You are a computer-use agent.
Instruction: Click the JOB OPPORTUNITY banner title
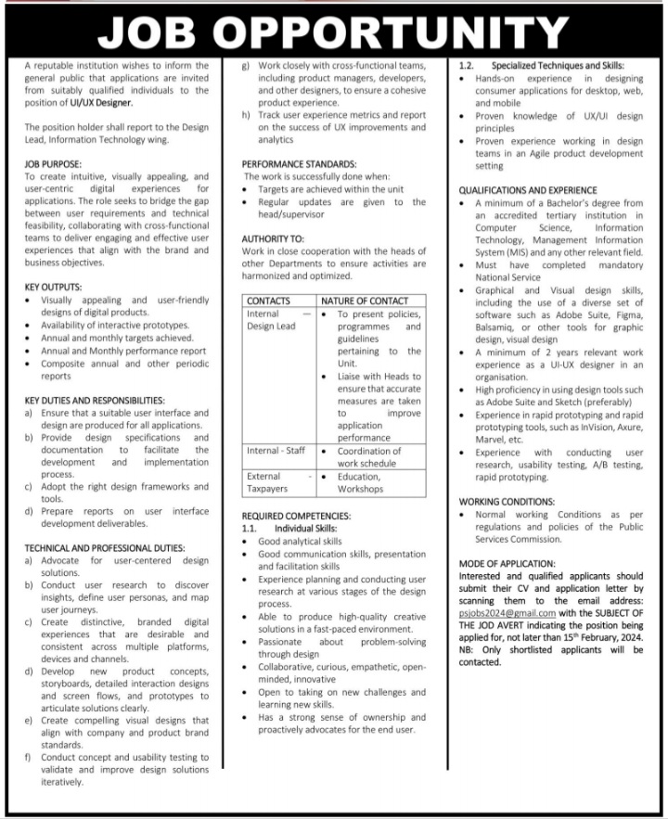pos(333,30)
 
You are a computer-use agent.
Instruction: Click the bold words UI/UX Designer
pos(96,103)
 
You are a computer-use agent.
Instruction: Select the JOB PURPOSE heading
pos(54,163)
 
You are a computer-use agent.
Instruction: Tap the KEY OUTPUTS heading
pos(53,287)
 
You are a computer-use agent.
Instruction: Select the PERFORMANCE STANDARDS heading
pos(299,163)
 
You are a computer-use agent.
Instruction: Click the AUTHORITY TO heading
pos(273,238)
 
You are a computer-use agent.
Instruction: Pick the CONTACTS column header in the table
pos(269,301)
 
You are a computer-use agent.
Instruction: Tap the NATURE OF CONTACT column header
pos(365,301)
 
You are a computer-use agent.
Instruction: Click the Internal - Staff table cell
pos(276,451)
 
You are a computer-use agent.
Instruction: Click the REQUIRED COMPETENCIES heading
pos(296,515)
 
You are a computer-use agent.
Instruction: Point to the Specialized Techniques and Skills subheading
pos(557,66)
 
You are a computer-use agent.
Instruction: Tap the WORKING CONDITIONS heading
pos(507,501)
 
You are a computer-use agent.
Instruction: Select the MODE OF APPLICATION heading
pos(507,562)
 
